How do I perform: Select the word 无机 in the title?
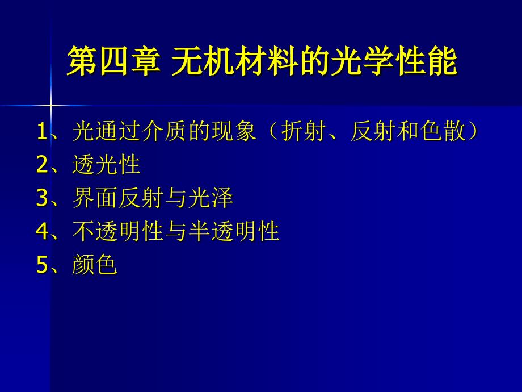tap(203, 61)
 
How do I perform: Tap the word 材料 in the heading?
tap(266, 61)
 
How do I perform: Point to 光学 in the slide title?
tap(362, 61)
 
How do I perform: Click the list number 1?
tap(42, 131)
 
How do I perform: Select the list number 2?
tap(42, 164)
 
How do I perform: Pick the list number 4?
tap(42, 231)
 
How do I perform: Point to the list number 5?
tap(42, 264)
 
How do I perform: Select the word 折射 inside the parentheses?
tap(304, 131)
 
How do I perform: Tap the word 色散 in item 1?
tap(443, 131)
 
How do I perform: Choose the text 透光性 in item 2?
tap(106, 164)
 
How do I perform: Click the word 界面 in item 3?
tap(95, 198)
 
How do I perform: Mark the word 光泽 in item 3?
tap(211, 198)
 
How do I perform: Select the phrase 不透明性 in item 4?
tap(118, 231)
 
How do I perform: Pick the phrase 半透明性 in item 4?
tap(234, 231)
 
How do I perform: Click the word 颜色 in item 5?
tap(95, 264)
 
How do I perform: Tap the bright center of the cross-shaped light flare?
tap(50, 106)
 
